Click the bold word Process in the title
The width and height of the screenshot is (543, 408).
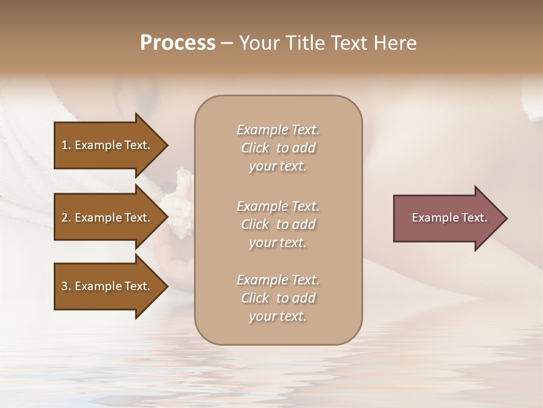tap(178, 43)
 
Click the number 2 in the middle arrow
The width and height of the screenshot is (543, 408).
tap(64, 218)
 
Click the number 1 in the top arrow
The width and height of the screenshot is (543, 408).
tap(64, 145)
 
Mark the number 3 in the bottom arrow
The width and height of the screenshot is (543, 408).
tap(64, 286)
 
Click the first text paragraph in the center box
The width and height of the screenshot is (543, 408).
tap(278, 148)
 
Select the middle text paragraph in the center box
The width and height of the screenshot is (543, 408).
tap(278, 224)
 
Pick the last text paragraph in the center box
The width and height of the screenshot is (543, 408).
tap(278, 298)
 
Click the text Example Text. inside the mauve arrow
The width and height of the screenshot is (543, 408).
tap(449, 218)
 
